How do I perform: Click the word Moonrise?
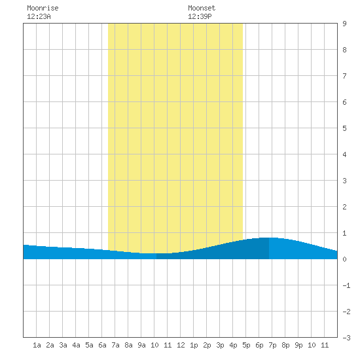pos(43,8)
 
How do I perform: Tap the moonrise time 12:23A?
pos(39,16)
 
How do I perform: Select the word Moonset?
pos(202,8)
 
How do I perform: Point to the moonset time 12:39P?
pos(200,16)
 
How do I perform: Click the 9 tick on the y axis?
pos(344,24)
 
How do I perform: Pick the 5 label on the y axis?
pos(344,128)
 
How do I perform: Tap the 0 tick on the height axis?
pos(344,259)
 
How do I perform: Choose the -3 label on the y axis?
pos(346,338)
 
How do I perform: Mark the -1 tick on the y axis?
pos(346,285)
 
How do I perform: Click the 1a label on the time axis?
pos(37,345)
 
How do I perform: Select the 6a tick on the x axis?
pos(102,345)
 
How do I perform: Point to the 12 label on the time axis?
pos(181,345)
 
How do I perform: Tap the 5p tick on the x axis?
pos(246,345)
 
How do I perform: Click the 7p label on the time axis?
pos(272,345)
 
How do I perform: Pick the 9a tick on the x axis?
pos(141,345)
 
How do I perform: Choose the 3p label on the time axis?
pos(220,345)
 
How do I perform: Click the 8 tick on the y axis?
pos(344,50)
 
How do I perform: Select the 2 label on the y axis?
pos(344,207)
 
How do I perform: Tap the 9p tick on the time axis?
pos(298,345)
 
